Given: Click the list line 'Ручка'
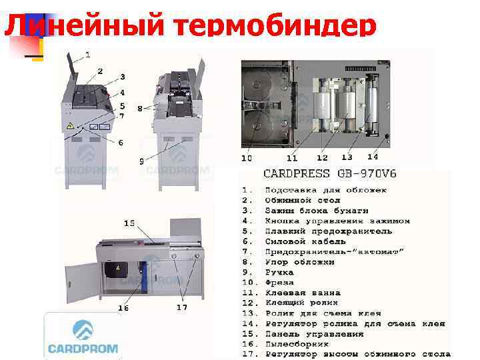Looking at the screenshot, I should (279, 272).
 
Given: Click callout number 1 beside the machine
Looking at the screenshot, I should (88, 53).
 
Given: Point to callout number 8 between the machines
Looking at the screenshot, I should (139, 107).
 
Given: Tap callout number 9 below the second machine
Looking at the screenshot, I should (141, 161).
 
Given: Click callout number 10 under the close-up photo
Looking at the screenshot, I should (247, 159).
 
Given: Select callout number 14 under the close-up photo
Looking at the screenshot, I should (372, 157).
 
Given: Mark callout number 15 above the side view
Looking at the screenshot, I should (129, 222).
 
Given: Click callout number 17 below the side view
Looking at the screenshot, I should (181, 307).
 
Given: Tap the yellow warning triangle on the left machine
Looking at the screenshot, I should (70, 125).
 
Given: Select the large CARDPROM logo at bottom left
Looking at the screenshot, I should (83, 337).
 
